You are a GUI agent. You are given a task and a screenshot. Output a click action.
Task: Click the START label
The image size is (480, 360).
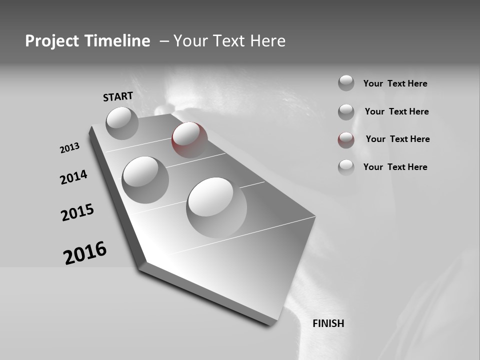click(118, 96)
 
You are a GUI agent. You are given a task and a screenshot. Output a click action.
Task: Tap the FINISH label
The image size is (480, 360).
click(328, 323)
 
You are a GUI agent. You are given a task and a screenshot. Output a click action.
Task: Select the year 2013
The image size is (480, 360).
click(69, 148)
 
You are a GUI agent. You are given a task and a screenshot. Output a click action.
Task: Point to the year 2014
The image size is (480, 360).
click(73, 177)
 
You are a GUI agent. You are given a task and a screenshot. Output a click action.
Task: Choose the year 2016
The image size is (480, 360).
click(85, 252)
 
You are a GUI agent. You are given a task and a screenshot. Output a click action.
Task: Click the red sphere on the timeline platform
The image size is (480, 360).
click(189, 139)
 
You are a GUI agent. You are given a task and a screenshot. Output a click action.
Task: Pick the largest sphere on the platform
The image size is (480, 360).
click(216, 207)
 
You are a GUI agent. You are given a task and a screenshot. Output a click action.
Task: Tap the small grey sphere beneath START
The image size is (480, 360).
click(122, 122)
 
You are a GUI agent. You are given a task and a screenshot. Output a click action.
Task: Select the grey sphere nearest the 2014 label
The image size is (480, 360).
click(145, 179)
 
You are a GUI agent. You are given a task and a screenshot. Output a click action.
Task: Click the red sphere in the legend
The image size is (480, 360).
click(346, 139)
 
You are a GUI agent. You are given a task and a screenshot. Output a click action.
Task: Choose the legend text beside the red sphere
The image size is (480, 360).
click(397, 139)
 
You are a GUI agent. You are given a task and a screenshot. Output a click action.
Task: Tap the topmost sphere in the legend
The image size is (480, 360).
click(346, 83)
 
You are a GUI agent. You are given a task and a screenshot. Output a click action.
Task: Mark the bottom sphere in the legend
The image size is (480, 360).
click(346, 167)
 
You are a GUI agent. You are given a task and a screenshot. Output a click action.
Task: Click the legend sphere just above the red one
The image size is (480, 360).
click(346, 111)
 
